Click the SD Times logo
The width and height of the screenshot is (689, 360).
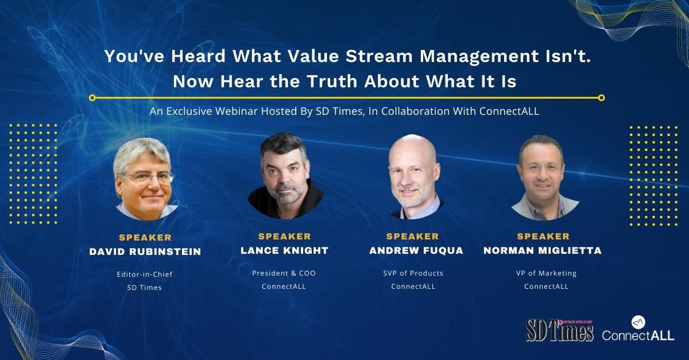tap(559, 330)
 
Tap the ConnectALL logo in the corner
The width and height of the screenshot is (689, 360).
tap(638, 328)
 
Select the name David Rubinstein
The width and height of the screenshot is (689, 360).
tap(145, 251)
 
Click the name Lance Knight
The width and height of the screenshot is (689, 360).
tap(285, 250)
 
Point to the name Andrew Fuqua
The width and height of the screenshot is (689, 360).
tap(416, 250)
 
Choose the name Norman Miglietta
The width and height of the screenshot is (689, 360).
tap(543, 250)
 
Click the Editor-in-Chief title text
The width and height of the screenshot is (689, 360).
tap(145, 274)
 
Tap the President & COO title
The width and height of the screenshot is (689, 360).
tap(284, 273)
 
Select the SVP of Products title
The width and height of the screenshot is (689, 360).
tap(413, 273)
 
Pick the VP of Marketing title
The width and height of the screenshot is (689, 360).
tap(546, 273)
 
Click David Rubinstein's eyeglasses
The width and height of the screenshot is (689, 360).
tap(148, 178)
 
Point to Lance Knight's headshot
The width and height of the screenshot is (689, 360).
tap(286, 176)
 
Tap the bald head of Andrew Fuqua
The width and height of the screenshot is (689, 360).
tap(413, 149)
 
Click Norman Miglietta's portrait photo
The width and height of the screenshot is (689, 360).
tap(545, 178)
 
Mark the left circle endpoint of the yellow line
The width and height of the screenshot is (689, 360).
tap(92, 98)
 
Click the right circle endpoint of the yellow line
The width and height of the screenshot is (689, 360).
tap(602, 98)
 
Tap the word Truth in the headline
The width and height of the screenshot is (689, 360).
tap(332, 81)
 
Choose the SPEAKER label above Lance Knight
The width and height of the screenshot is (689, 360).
tap(285, 237)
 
